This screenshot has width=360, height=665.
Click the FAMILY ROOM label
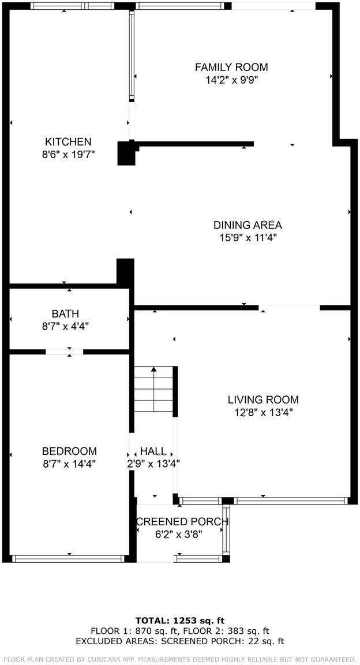[x=231, y=68]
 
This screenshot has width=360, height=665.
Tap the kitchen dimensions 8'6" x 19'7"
[x=68, y=154]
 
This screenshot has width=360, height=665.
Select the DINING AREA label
[x=247, y=225]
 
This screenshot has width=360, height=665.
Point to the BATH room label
[x=65, y=313]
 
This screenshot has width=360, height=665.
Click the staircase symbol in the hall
[x=154, y=389]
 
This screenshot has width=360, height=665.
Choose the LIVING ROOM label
[x=263, y=399]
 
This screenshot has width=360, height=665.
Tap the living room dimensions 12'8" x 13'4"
[x=263, y=412]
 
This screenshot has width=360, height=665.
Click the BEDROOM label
[x=69, y=451]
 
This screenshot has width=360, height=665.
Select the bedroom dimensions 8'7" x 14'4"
[x=69, y=463]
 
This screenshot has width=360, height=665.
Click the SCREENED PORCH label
[x=182, y=522]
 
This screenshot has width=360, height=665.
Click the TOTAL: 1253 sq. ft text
[x=179, y=621]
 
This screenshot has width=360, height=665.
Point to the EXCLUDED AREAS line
[x=179, y=641]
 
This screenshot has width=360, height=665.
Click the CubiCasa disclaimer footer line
[x=179, y=659]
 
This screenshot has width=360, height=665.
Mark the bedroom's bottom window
[x=68, y=558]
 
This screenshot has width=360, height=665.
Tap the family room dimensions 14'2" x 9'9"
[x=231, y=80]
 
